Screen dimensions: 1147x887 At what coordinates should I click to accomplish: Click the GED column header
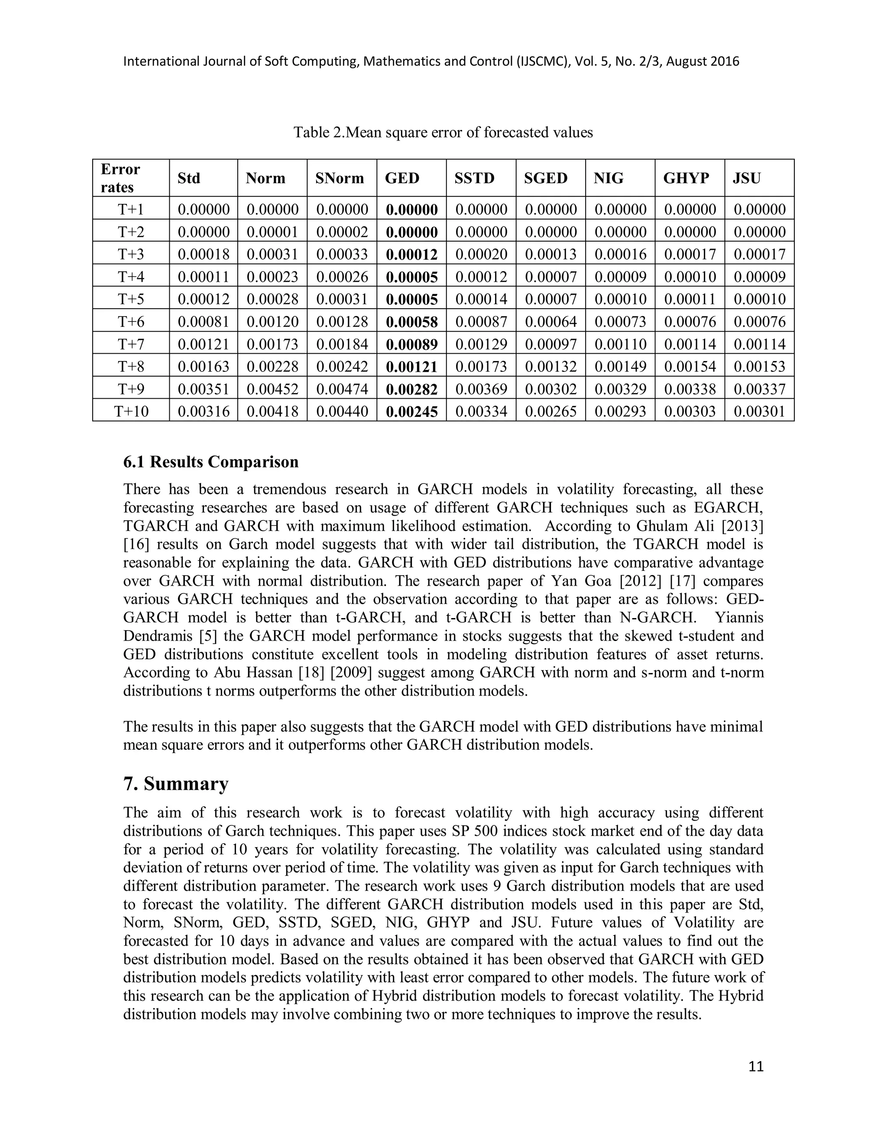(x=402, y=179)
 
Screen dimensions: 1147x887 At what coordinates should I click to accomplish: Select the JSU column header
(x=746, y=179)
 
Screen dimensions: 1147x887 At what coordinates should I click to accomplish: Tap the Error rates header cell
(x=120, y=179)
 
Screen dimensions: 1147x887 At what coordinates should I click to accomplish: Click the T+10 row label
(x=131, y=411)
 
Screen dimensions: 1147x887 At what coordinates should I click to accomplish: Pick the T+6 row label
(x=131, y=322)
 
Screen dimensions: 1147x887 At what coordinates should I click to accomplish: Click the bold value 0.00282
(x=411, y=389)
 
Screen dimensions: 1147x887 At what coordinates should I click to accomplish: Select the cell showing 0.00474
(x=342, y=389)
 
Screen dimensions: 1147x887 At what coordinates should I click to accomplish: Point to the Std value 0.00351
(x=204, y=389)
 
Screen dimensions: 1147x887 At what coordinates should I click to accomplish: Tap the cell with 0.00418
(x=272, y=411)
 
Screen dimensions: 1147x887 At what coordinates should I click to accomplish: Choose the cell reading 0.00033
(x=342, y=255)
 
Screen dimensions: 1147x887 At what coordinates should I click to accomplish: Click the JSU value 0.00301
(x=759, y=411)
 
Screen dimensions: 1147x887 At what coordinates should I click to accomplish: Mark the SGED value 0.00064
(x=551, y=322)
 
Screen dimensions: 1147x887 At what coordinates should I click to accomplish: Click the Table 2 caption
(x=443, y=132)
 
